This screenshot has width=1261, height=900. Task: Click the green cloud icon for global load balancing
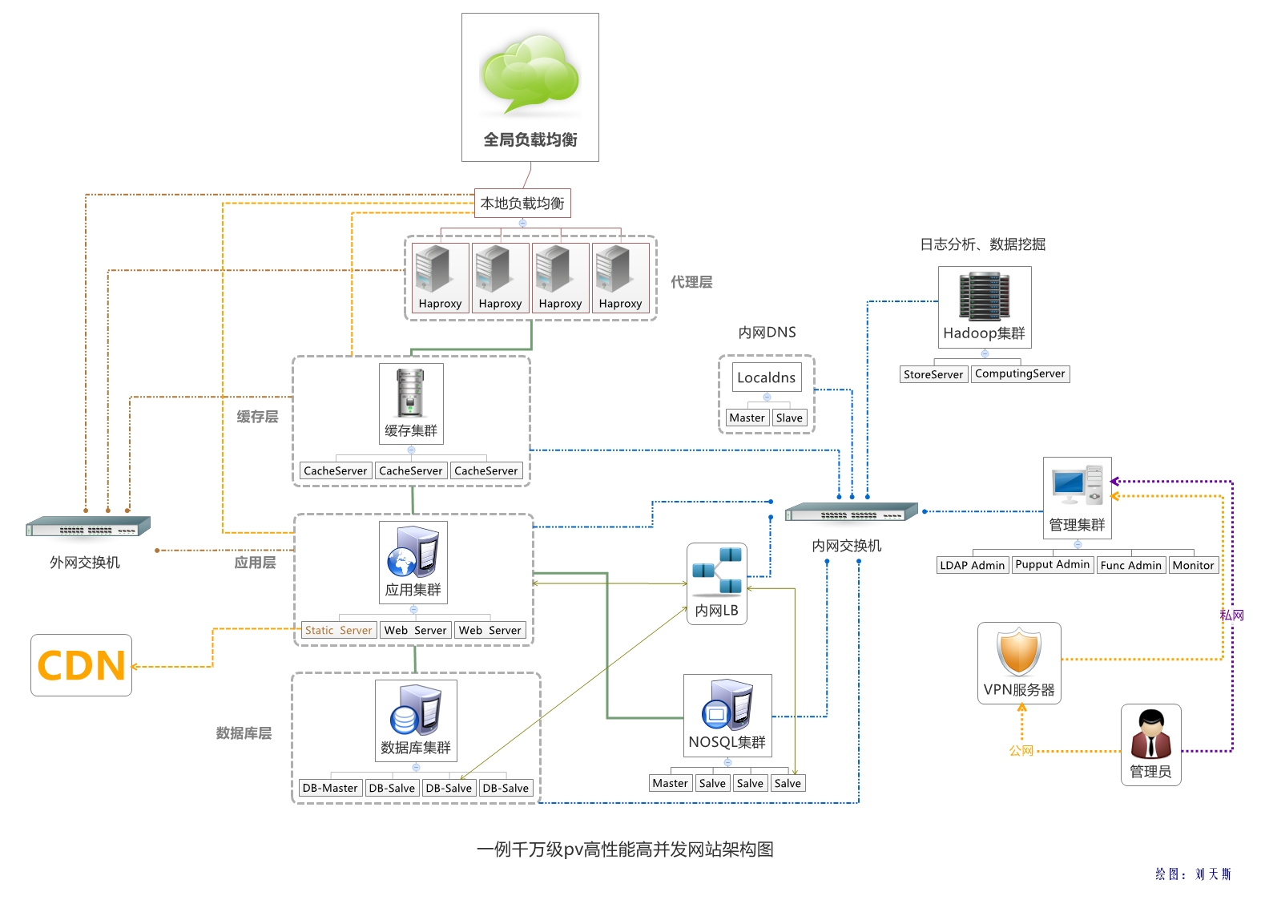point(530,74)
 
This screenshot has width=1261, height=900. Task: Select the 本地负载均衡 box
point(522,204)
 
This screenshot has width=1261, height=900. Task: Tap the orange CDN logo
point(82,666)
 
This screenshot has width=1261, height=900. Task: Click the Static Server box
point(339,631)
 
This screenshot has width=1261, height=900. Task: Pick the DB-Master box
point(330,789)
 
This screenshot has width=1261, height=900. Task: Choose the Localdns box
point(767,377)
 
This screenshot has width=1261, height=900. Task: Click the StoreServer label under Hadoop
point(933,374)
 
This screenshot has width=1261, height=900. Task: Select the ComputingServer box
point(1020,373)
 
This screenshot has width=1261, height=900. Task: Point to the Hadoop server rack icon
point(985,297)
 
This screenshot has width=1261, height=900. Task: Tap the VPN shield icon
point(1019,652)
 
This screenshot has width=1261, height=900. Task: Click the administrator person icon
point(1151,734)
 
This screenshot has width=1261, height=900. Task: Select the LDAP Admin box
point(972,565)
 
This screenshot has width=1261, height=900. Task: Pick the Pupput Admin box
point(1053,564)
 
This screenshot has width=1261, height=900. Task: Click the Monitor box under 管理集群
point(1193,565)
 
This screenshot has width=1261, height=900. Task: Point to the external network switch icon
point(88,527)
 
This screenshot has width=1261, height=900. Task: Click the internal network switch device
point(851,512)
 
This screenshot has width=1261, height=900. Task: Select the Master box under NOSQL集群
point(670,784)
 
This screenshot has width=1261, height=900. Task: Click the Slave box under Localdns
point(789,418)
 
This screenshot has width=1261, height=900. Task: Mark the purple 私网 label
point(1231,615)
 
